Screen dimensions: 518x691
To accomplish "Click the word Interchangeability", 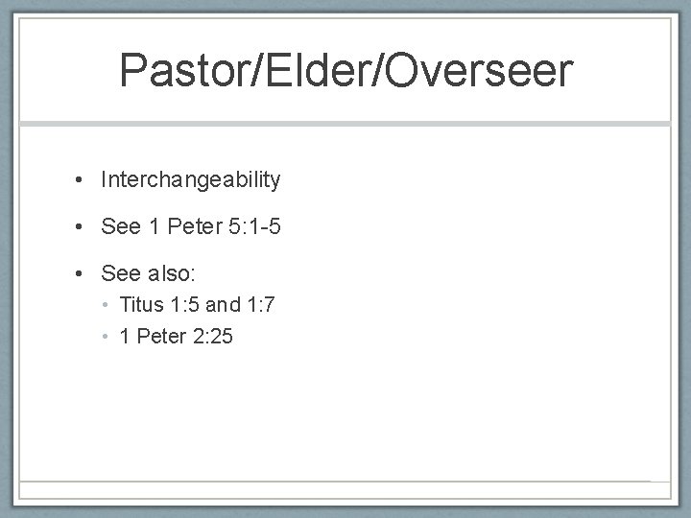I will point(191,179).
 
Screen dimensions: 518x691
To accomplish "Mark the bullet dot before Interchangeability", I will point(83,180).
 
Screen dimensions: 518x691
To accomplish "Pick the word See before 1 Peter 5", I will point(121,226).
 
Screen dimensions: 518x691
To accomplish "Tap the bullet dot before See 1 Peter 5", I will point(83,227).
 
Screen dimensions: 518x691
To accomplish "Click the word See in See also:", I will point(121,273).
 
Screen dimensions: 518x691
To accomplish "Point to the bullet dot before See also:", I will point(83,274).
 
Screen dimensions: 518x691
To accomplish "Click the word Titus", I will point(141,306).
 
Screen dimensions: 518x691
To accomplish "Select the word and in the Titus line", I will point(222,306).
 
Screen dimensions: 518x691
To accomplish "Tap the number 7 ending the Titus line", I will point(273,306).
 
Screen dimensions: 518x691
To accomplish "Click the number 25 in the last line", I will point(221,336).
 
